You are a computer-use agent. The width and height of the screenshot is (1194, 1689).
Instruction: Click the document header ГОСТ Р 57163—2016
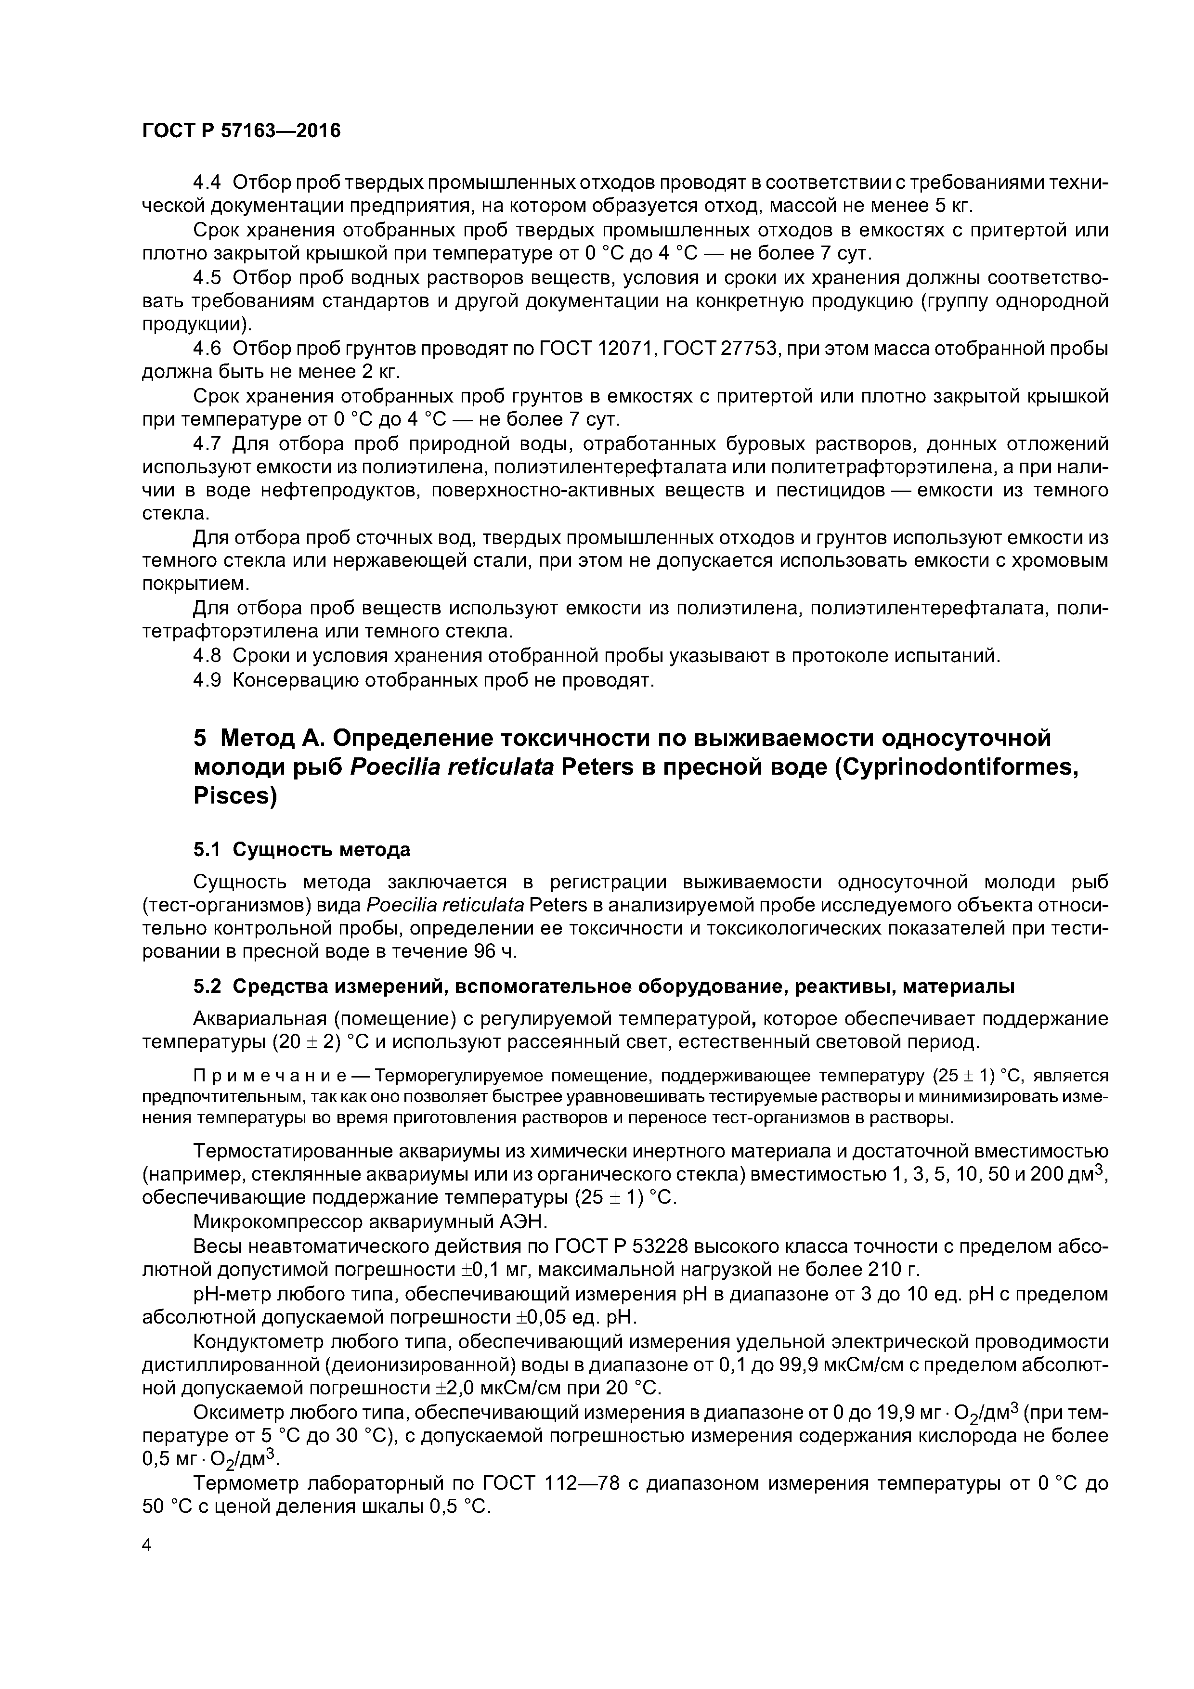241,131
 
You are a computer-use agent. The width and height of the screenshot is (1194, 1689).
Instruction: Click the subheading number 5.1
206,850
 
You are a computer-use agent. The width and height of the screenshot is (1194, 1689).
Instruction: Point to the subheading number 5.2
207,987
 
